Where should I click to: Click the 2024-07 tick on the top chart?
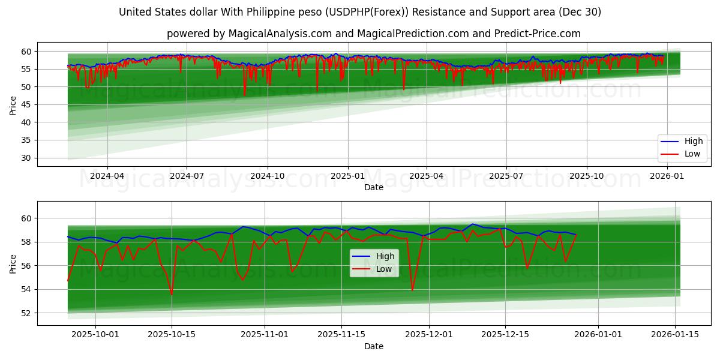coord(187,176)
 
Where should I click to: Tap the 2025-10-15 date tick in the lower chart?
coord(172,335)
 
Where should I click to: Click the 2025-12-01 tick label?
coord(428,335)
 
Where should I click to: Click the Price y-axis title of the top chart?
coord(13,105)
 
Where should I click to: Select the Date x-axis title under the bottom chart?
coord(373,346)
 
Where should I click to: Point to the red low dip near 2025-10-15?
coord(172,295)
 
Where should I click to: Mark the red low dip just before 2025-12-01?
coord(412,290)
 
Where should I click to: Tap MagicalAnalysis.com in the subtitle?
coord(280,34)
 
